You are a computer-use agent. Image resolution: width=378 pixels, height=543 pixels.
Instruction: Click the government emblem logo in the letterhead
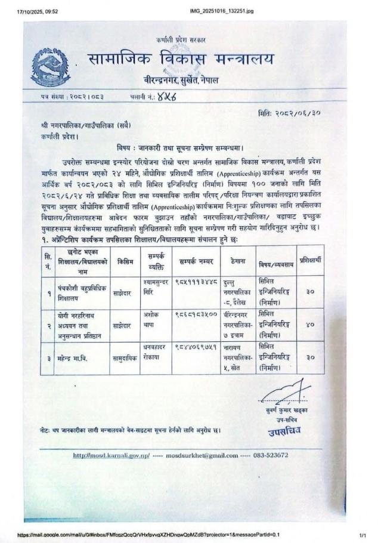click(x=50, y=69)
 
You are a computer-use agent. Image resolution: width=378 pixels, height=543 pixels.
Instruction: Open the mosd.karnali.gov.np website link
click(x=111, y=455)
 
